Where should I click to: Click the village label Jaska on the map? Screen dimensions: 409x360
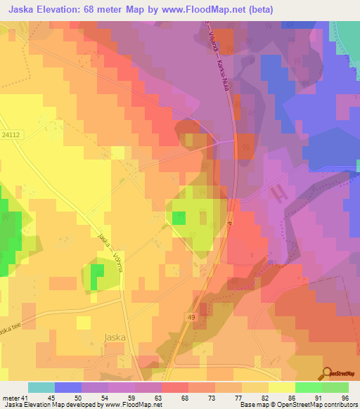(x=115, y=337)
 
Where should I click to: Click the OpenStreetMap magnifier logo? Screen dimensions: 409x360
(x=326, y=374)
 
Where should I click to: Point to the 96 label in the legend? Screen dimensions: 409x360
(x=345, y=397)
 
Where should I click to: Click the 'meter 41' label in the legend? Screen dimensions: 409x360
(x=14, y=397)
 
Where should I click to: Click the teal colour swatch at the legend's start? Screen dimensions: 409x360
(x=41, y=387)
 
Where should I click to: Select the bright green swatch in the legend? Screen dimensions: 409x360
(x=308, y=387)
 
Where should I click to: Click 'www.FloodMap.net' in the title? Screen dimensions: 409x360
(x=196, y=9)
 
